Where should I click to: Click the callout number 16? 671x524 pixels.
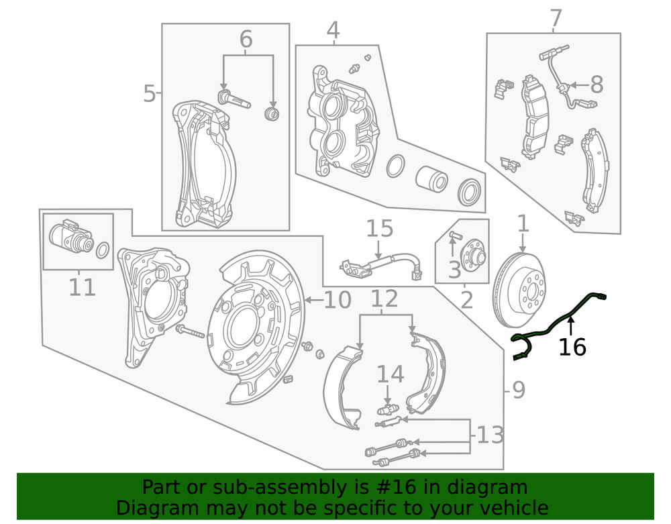[x=572, y=347]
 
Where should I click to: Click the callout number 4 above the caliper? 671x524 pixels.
[x=333, y=30]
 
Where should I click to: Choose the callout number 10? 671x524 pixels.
[x=337, y=300]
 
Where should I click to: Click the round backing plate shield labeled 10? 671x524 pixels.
[x=258, y=329]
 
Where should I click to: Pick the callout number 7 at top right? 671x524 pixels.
[x=555, y=18]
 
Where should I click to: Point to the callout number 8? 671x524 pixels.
[x=596, y=85]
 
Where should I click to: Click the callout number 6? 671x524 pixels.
[x=246, y=40]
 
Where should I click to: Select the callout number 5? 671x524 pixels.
[x=149, y=94]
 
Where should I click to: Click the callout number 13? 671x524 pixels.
[x=489, y=435]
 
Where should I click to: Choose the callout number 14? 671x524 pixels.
[x=390, y=374]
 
